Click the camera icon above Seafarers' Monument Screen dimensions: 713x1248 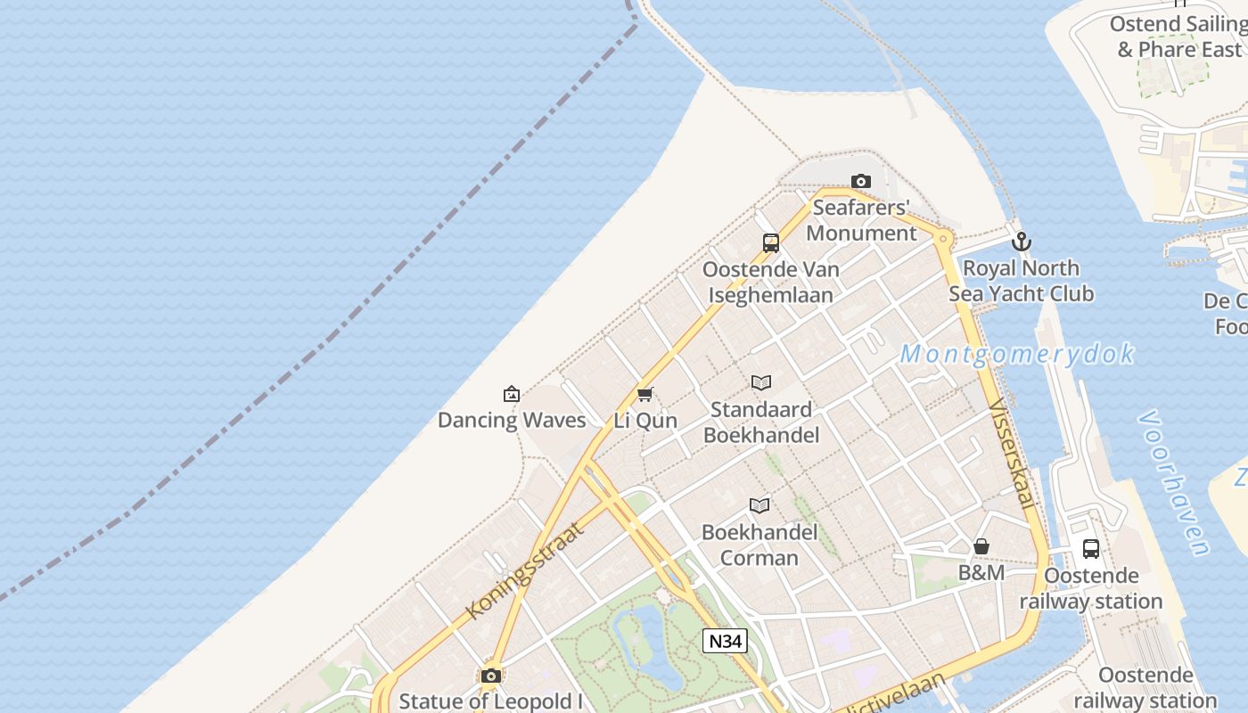860,181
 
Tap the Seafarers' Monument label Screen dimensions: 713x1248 861,220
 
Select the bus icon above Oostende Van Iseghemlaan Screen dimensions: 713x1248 771,242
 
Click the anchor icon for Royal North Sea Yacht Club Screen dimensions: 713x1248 1022,242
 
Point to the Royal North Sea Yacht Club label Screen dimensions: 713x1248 1021,281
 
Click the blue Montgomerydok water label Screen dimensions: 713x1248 1016,354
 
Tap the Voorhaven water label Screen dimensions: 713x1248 1175,482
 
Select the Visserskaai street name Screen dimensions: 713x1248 1013,455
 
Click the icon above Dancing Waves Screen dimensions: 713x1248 512,393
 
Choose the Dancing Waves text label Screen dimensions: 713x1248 512,420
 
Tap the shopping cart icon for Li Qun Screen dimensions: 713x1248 645,394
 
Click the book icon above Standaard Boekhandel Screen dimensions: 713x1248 760,383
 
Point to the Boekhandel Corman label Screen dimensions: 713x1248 759,545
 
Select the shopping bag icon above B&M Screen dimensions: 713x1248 981,546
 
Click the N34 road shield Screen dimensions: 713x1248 724,641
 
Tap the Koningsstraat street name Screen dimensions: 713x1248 526,570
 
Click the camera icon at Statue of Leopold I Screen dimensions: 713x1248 490,676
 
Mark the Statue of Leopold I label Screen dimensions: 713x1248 490,701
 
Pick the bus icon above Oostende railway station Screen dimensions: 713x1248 1091,548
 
